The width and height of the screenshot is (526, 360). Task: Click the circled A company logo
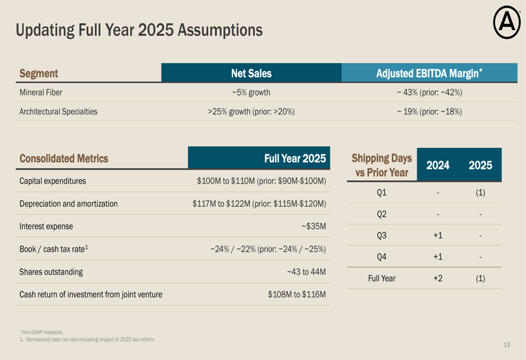pos(507,24)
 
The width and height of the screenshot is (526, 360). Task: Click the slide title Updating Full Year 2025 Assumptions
pos(139,29)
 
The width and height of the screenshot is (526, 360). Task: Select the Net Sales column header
pos(251,74)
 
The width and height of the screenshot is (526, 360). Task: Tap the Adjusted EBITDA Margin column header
pos(429,74)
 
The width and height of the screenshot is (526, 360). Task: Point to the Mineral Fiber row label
pos(41,92)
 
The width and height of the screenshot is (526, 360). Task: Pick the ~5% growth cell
pos(251,92)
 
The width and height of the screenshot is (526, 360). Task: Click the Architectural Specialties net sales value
pos(251,111)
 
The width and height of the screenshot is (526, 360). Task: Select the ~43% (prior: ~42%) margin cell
pos(429,92)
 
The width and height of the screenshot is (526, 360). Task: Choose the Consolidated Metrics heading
pos(64,158)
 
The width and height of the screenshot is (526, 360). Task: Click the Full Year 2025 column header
pos(295,158)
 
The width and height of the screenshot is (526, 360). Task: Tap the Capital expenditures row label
pos(53,181)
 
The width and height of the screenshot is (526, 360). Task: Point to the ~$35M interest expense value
pos(313,227)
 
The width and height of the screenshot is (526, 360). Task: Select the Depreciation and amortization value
pos(259,204)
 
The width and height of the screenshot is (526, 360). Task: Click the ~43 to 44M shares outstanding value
pos(306,272)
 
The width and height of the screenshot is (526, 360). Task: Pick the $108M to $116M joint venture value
pos(297,295)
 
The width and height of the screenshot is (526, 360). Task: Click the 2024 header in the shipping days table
pos(438,165)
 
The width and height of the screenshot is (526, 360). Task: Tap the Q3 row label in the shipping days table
pos(382,235)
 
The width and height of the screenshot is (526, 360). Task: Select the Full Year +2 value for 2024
pos(438,279)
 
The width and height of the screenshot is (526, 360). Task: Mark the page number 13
pos(507,345)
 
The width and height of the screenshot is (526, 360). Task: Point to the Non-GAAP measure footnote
pos(42,332)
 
